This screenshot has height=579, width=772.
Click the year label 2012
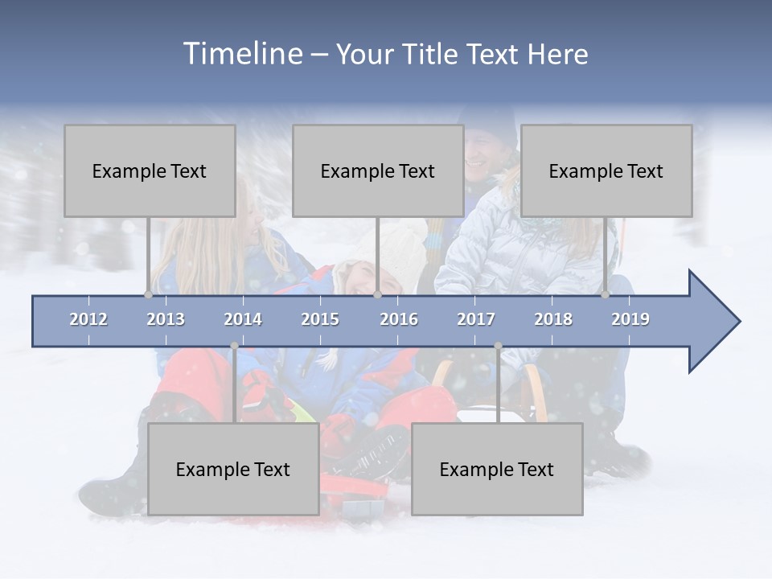[x=88, y=319]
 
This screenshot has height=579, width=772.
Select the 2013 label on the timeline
[x=166, y=319]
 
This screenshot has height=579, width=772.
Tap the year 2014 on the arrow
[x=243, y=319]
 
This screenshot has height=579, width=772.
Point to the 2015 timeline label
[x=320, y=319]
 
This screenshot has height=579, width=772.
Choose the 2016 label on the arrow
[x=399, y=319]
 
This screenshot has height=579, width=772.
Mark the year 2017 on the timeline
[x=476, y=319]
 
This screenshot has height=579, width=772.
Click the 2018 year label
[x=553, y=319]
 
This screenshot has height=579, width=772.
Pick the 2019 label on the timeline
[x=630, y=319]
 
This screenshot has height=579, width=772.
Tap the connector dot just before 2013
[x=148, y=295]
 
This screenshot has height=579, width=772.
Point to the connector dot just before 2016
[x=377, y=295]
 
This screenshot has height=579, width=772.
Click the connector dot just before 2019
[x=606, y=295]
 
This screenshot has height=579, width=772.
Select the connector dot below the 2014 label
[x=234, y=346]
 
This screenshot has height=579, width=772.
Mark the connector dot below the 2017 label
[x=498, y=346]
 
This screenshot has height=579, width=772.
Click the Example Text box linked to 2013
[x=150, y=171]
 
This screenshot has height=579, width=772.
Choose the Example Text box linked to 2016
[x=378, y=171]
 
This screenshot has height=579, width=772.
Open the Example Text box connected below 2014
[x=233, y=470]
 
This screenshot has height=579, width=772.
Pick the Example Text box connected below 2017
[x=497, y=470]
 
